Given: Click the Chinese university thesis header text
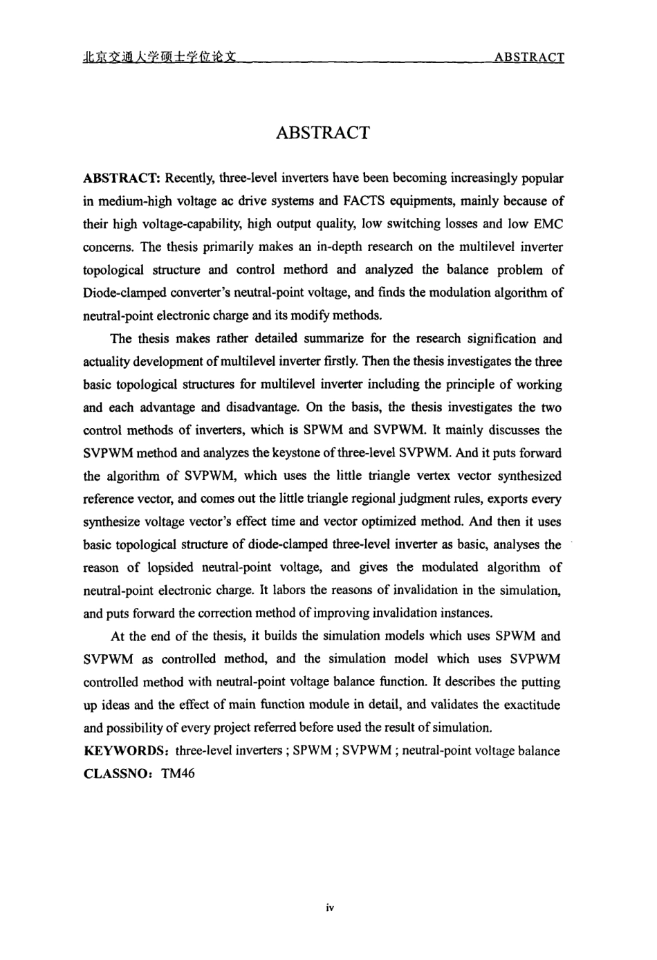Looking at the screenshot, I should tap(160, 57).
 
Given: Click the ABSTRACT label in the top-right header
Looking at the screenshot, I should tap(529, 57).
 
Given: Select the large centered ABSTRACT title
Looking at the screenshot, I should tap(323, 133).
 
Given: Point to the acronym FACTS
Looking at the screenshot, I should tap(360, 201).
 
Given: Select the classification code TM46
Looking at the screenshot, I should tap(178, 773).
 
